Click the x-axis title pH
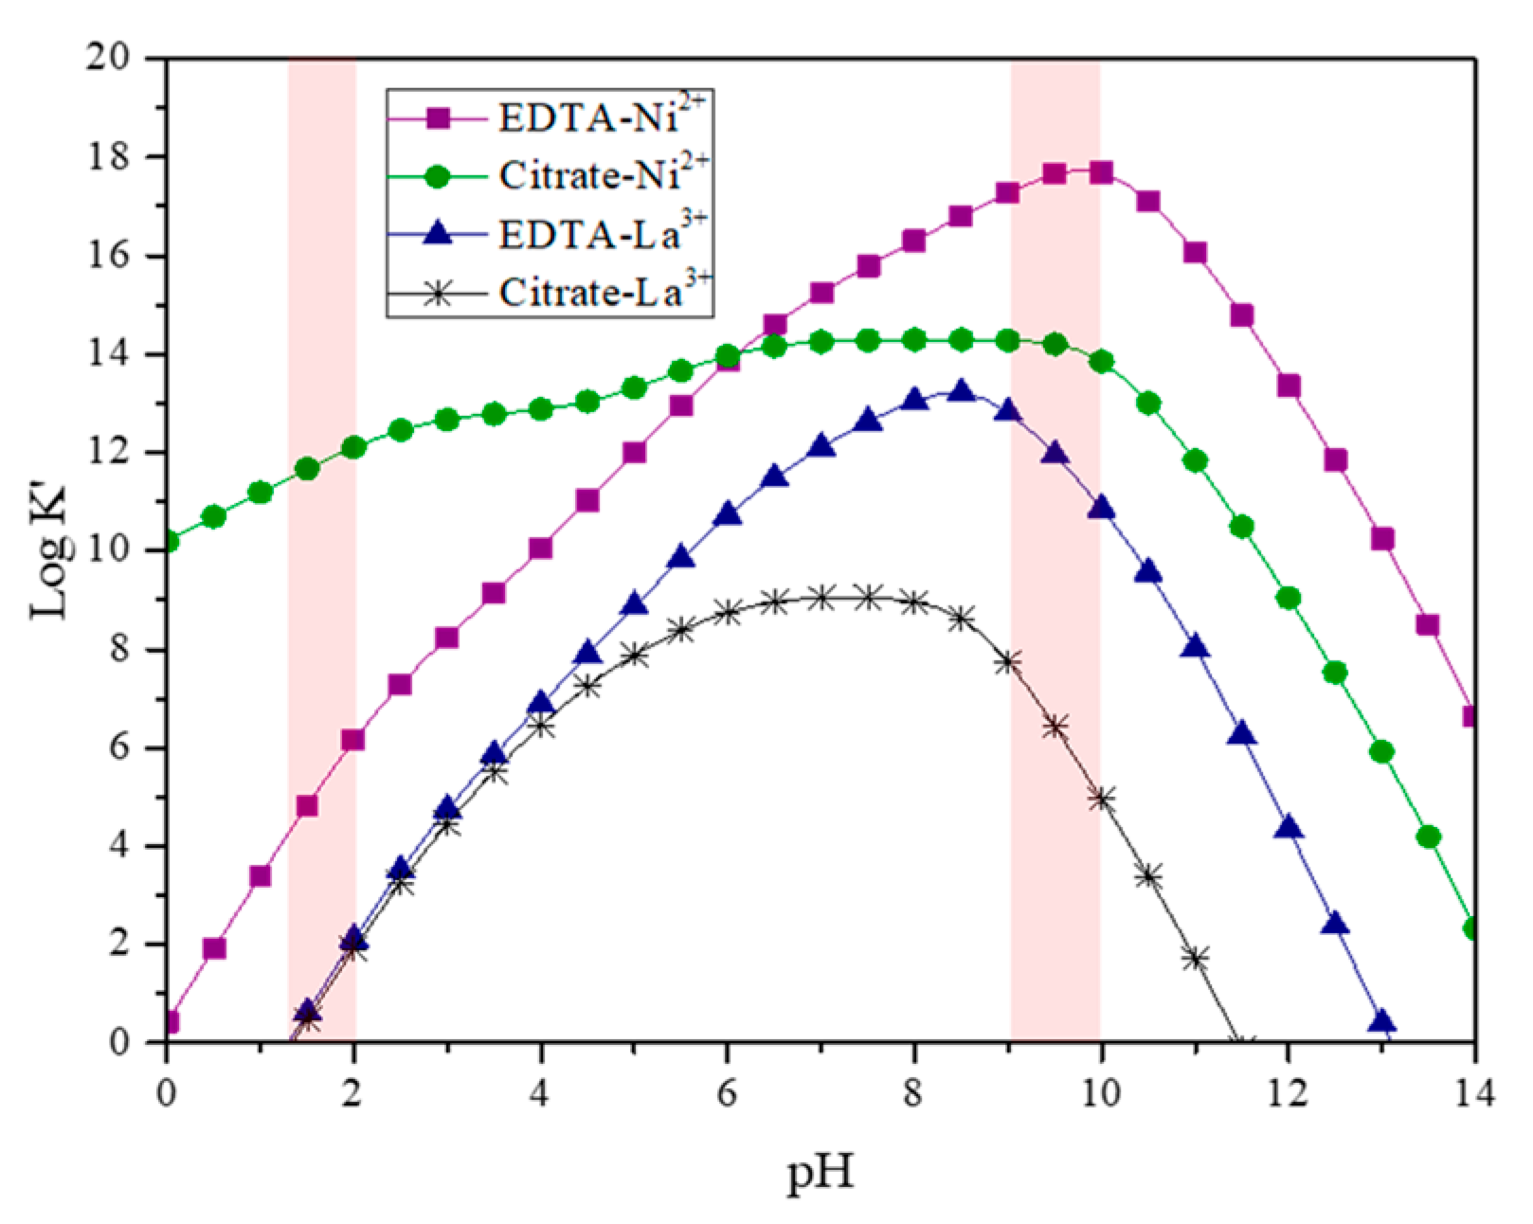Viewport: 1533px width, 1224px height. (821, 1173)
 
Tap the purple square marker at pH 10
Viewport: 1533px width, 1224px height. (1100, 172)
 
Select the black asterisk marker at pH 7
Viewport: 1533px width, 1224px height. (821, 598)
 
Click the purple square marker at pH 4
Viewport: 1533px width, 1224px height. (541, 549)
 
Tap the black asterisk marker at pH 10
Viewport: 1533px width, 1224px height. (1101, 799)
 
